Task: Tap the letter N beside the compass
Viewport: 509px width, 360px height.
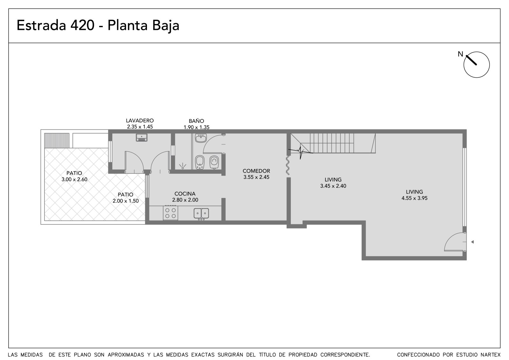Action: pyautogui.click(x=460, y=54)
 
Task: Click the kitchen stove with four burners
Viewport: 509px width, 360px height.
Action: pyautogui.click(x=171, y=213)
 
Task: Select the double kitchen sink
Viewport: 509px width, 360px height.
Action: pyautogui.click(x=201, y=214)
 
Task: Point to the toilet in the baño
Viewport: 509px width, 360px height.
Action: pyautogui.click(x=214, y=162)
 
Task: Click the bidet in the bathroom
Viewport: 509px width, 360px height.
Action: pyautogui.click(x=200, y=162)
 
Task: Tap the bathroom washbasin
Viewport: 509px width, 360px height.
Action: pyautogui.click(x=201, y=138)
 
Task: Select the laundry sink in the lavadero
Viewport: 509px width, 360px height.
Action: pyautogui.click(x=142, y=138)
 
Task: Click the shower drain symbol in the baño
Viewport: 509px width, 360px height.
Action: pyautogui.click(x=183, y=166)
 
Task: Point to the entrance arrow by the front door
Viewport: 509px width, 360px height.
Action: pyautogui.click(x=472, y=242)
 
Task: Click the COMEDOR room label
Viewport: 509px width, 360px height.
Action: pyautogui.click(x=256, y=171)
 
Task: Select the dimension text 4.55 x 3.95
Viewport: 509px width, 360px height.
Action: pyautogui.click(x=415, y=198)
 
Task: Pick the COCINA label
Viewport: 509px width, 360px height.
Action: pyautogui.click(x=185, y=194)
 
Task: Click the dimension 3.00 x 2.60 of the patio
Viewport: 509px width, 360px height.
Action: pyautogui.click(x=74, y=180)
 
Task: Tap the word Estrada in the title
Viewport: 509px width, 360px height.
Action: pyautogui.click(x=41, y=25)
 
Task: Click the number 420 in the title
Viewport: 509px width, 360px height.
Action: pyautogui.click(x=82, y=25)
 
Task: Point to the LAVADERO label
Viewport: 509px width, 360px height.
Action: pyautogui.click(x=140, y=121)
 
